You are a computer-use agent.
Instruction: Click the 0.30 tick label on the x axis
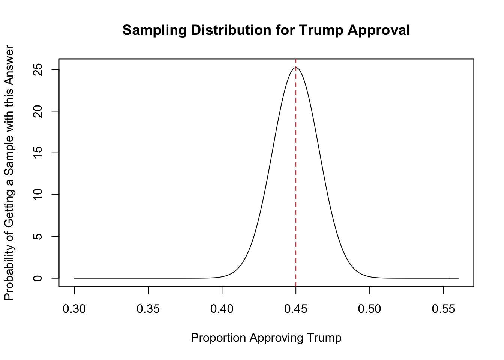click(74, 309)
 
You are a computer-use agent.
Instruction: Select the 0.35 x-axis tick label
click(148, 309)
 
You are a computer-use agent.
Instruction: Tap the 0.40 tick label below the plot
click(222, 309)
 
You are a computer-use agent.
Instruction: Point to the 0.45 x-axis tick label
click(296, 309)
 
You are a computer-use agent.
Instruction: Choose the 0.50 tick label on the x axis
click(370, 309)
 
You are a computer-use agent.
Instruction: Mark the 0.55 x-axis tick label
click(444, 309)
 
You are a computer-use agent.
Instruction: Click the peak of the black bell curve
click(296, 67)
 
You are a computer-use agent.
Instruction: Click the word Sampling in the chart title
click(154, 30)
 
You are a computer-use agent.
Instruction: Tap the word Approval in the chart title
click(379, 30)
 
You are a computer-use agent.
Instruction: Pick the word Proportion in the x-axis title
click(219, 338)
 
